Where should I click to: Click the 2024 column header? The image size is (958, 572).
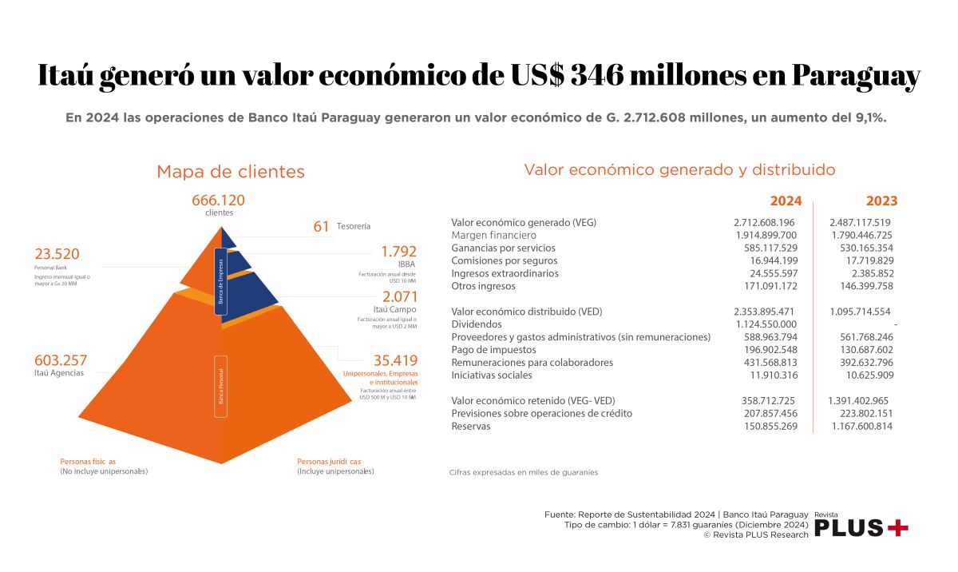click(785, 201)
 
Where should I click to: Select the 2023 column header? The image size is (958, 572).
click(881, 201)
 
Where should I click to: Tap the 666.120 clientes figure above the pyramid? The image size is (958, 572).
click(218, 201)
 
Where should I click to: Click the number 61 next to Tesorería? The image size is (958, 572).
click(322, 227)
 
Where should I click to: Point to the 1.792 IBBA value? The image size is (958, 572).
click(399, 251)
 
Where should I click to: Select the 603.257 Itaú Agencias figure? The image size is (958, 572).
click(61, 360)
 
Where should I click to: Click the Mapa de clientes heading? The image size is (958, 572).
click(231, 172)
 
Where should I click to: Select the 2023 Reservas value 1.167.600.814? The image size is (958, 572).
click(861, 427)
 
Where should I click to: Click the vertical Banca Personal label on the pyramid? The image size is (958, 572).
click(221, 387)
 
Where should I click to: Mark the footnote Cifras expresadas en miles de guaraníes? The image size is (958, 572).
click(524, 472)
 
